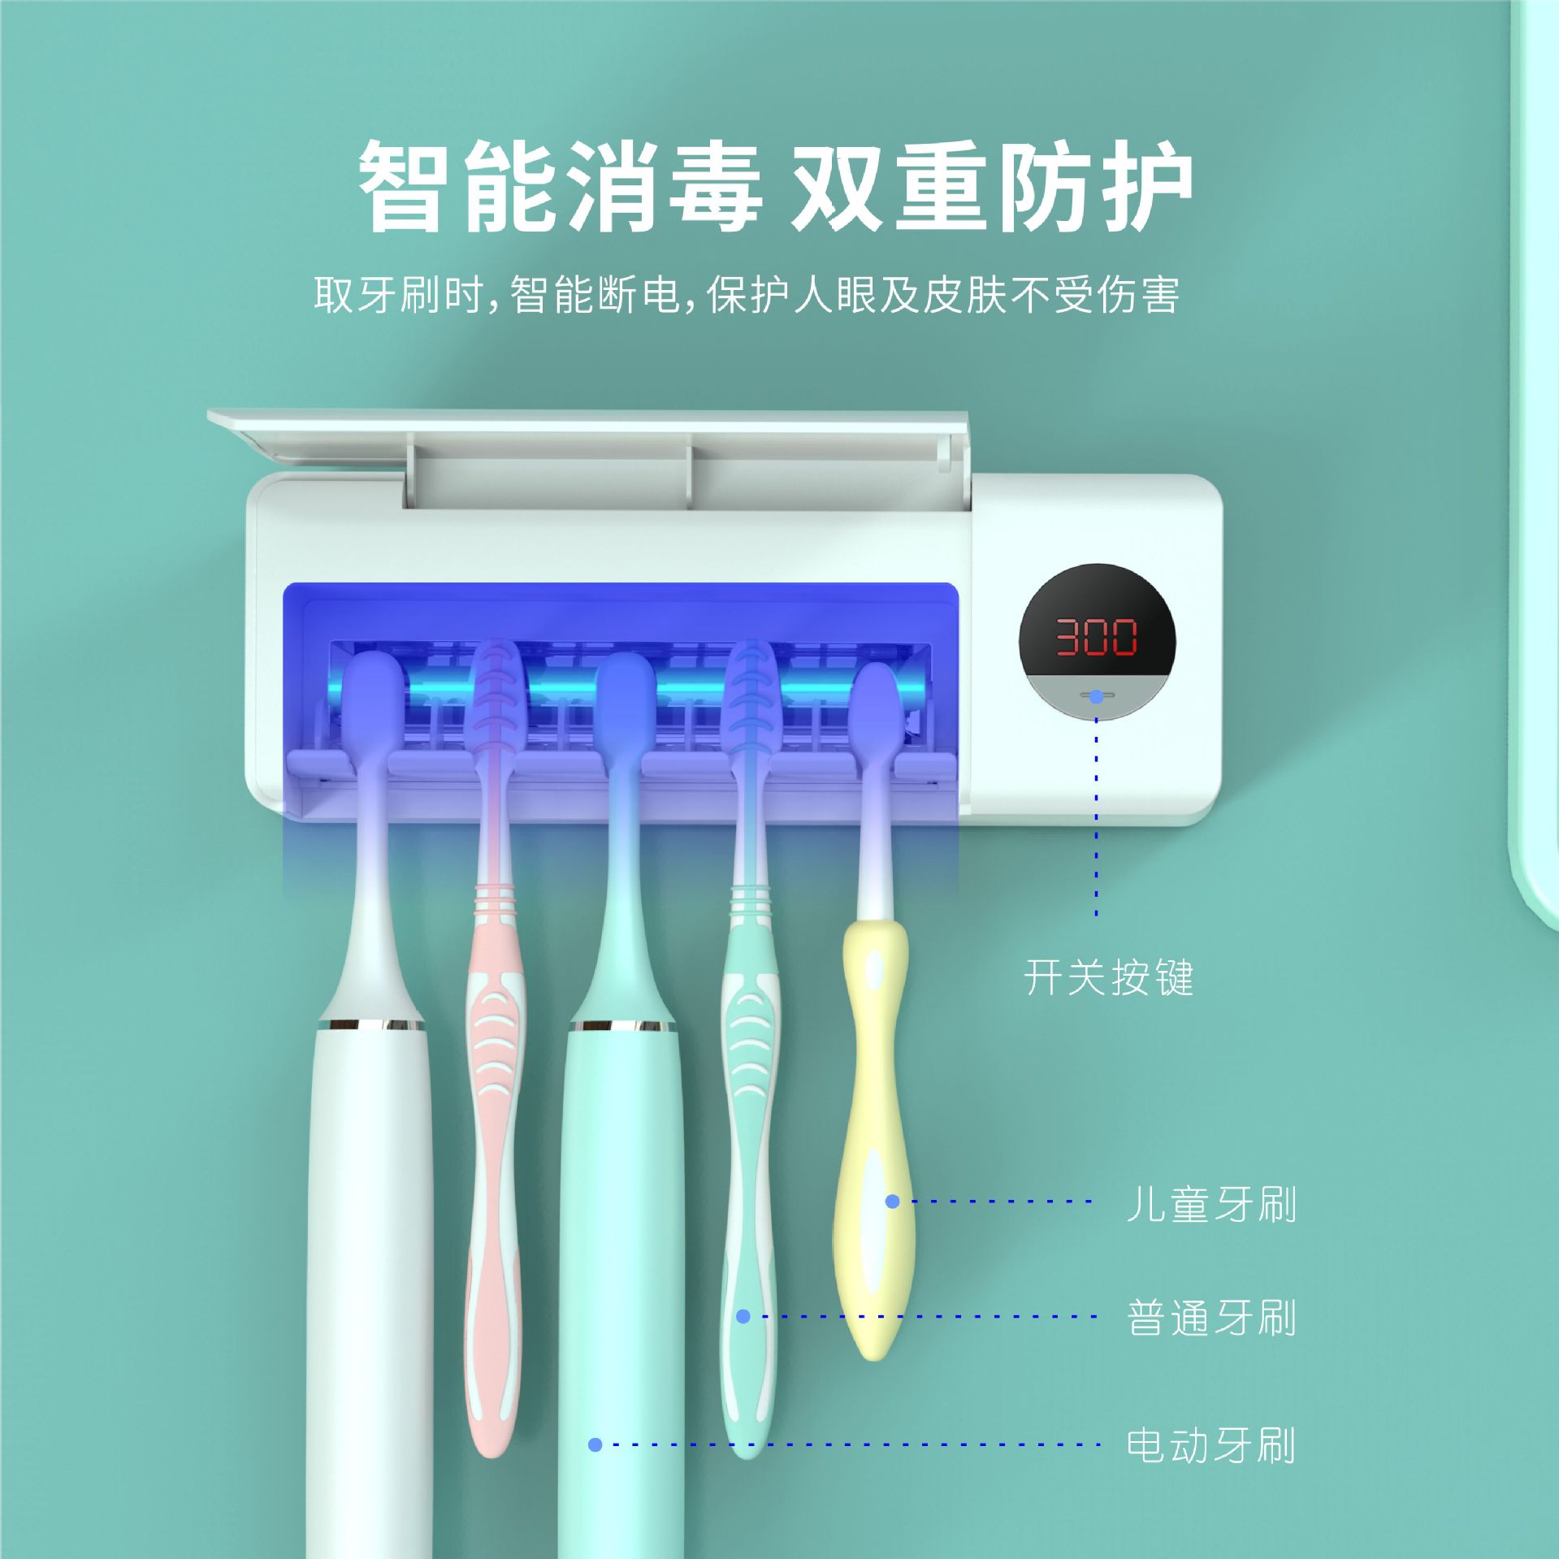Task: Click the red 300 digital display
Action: (1097, 636)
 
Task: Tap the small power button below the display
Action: (1097, 696)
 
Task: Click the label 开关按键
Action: (1108, 977)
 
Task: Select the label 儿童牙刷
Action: (1210, 1204)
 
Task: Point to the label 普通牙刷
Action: (1210, 1317)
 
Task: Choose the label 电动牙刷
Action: (1210, 1445)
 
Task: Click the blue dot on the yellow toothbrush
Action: (892, 1202)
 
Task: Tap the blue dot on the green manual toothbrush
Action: (743, 1316)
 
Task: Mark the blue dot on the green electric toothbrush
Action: (595, 1444)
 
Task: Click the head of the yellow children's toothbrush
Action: (877, 703)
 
